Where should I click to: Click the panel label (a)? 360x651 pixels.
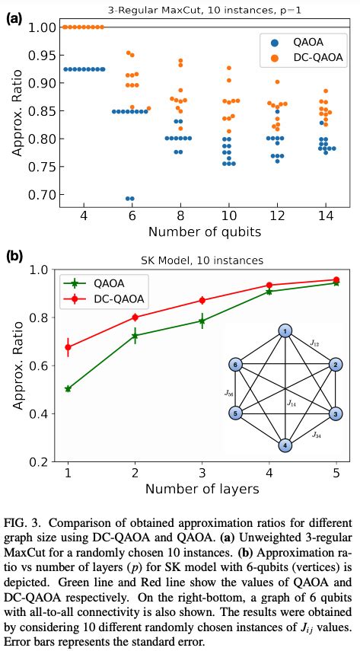[14, 15]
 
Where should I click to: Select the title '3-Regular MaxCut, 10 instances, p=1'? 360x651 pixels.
[199, 8]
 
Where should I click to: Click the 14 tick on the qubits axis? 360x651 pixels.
[325, 216]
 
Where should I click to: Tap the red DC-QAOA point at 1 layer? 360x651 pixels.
[68, 347]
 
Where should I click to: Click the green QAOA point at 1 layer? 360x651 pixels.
[68, 388]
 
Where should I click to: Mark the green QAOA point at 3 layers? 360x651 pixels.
[202, 321]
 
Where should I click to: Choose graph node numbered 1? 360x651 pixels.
[284, 331]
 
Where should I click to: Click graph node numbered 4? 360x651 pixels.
[284, 445]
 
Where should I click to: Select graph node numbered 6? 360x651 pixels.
[236, 365]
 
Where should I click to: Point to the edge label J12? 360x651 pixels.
[314, 343]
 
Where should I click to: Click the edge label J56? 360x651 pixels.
[228, 393]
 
